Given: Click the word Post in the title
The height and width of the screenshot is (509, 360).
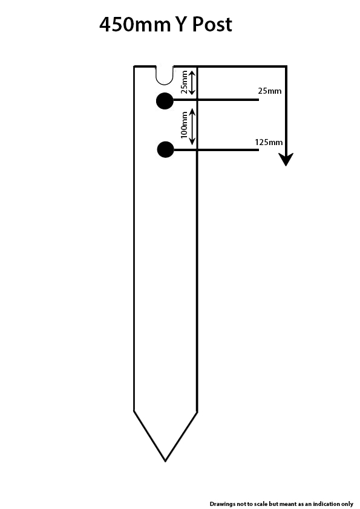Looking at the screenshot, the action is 212,24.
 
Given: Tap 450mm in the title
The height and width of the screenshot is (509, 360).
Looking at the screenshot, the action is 134,25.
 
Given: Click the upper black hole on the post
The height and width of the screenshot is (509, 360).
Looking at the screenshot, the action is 165,101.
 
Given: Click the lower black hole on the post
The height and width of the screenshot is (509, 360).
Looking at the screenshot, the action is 165,150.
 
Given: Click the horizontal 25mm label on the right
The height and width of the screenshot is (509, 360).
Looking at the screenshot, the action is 270,91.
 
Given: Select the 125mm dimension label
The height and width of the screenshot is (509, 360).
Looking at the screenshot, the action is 269,142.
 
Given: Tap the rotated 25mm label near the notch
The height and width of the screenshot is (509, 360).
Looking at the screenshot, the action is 184,82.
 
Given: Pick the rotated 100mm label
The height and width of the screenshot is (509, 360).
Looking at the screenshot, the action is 184,125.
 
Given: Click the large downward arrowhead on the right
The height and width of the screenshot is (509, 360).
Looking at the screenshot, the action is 286,159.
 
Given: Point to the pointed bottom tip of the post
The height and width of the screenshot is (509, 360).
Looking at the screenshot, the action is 165,461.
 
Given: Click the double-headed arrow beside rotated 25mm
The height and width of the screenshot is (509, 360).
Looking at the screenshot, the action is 192,82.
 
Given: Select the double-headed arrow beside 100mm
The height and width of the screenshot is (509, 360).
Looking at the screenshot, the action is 192,126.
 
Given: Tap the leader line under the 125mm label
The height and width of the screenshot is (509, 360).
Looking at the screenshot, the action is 216,150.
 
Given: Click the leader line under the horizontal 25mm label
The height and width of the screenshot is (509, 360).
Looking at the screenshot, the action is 216,100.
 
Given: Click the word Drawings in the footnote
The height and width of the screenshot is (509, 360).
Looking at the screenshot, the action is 223,504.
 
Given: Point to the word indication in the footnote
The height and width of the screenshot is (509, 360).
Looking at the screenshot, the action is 326,504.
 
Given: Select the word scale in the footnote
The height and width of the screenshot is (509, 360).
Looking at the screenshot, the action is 260,504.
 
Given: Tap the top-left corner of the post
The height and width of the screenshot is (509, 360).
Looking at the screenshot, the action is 134,66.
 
